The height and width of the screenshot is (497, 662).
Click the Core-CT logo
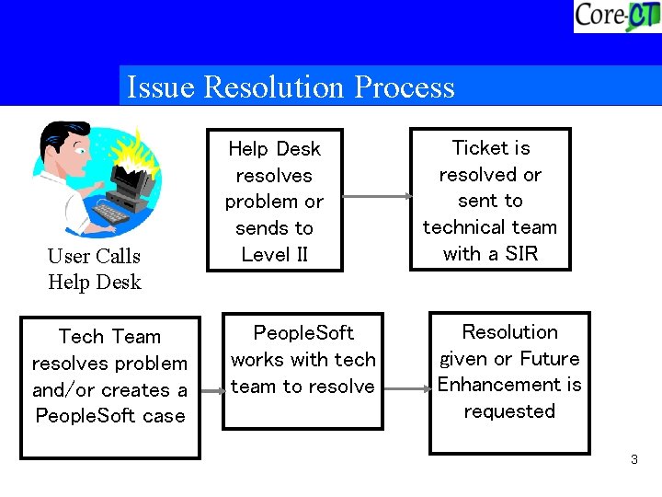pyautogui.click(x=616, y=17)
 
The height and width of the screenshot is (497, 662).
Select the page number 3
pyautogui.click(x=633, y=459)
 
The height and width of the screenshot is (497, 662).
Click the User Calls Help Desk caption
pyautogui.click(x=95, y=269)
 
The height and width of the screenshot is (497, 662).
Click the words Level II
pyautogui.click(x=274, y=255)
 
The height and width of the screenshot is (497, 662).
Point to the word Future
pyautogui.click(x=550, y=359)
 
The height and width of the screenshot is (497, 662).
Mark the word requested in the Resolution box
pyautogui.click(x=509, y=411)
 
